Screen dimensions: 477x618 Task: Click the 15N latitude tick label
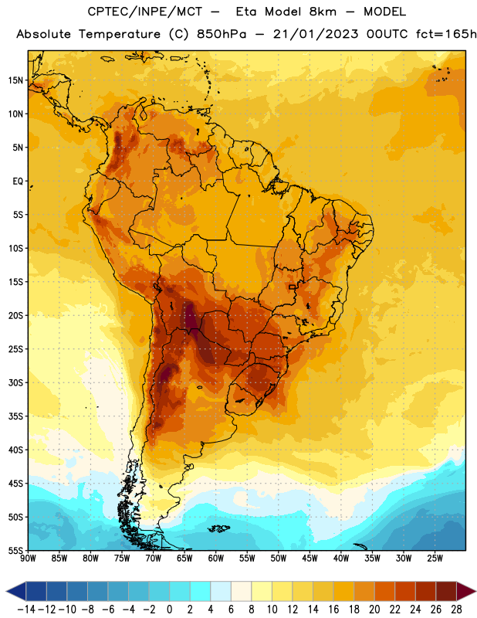tap(15, 80)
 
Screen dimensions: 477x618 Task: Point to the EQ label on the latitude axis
tap(18, 182)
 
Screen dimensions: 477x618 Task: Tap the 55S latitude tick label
tap(15, 550)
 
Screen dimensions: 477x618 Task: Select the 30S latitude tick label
tap(15, 382)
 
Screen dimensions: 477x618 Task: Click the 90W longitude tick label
tap(28, 558)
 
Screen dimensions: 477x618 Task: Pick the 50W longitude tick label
tap(279, 558)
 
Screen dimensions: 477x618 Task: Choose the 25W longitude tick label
tap(435, 558)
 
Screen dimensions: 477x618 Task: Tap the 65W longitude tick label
tap(184, 558)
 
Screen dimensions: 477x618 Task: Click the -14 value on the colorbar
tap(26, 610)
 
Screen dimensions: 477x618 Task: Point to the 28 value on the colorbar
tap(456, 610)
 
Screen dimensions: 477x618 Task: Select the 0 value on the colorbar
tap(169, 610)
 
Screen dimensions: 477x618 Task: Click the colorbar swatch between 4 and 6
tap(221, 591)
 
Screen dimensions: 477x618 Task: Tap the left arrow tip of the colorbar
tap(6, 591)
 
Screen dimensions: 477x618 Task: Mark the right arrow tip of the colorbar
tap(475, 591)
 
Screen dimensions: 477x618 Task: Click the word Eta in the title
tap(246, 12)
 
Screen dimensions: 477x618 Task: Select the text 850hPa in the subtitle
tap(222, 34)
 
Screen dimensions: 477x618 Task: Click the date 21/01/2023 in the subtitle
tap(316, 34)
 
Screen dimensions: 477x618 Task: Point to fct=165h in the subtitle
tap(446, 34)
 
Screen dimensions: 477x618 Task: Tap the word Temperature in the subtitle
tap(120, 34)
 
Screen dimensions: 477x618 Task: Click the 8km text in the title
tap(323, 12)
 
